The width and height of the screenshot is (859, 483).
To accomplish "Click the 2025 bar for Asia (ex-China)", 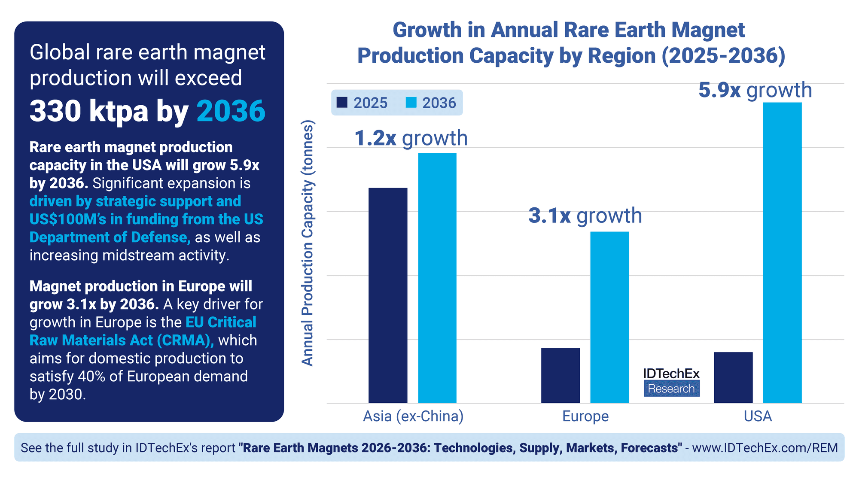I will tap(388, 295).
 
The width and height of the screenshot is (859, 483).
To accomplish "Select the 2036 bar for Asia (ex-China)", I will tap(437, 278).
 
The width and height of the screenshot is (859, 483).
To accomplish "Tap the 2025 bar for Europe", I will tap(560, 375).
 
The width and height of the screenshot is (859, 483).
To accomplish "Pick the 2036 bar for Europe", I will tap(609, 317).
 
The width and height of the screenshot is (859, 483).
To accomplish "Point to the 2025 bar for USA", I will tap(733, 377).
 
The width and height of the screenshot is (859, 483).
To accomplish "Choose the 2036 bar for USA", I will tap(782, 252).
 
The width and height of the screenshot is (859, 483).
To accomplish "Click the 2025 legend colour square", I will tap(342, 103).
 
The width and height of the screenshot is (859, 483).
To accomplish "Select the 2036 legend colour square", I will tap(411, 103).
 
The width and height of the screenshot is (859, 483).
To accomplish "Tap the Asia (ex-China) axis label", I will tap(413, 416).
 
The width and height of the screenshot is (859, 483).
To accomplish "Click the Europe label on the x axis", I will tap(585, 416).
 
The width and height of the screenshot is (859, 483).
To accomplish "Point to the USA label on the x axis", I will tap(758, 416).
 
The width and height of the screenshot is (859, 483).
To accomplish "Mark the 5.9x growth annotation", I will tap(755, 91).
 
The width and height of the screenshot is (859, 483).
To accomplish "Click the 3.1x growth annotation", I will tap(585, 216).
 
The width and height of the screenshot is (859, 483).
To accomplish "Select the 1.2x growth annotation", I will tap(411, 138).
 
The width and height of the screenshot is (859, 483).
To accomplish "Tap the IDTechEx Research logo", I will tap(671, 382).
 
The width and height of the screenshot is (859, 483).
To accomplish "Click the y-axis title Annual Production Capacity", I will tap(308, 243).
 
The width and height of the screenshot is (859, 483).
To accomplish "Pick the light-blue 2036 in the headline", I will tap(231, 111).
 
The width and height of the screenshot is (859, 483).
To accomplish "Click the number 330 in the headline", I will tap(55, 111).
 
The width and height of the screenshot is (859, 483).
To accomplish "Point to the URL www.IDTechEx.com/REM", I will tap(765, 448).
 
